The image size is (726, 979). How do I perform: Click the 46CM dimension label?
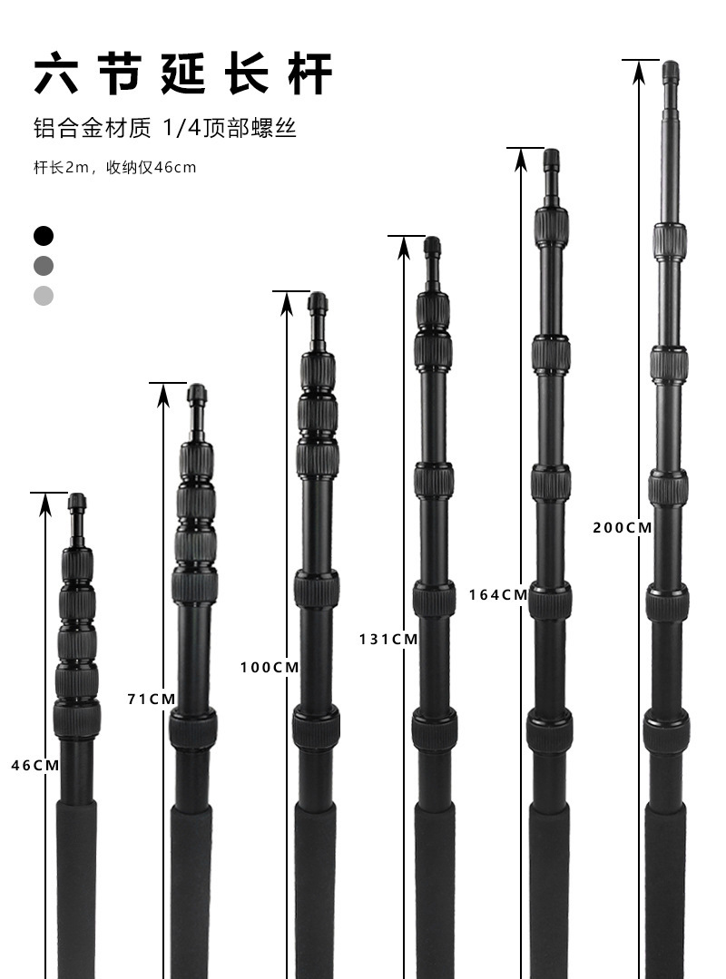pyautogui.click(x=35, y=766)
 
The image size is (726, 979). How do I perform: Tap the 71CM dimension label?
pyautogui.click(x=152, y=700)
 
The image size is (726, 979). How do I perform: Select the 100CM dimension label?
pyautogui.click(x=270, y=668)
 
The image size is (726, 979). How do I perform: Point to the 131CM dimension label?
pyautogui.click(x=388, y=640)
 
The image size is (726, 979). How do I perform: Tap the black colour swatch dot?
pyautogui.click(x=44, y=236)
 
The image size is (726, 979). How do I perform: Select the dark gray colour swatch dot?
pyautogui.click(x=44, y=266)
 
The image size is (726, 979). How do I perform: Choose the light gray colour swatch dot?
pyautogui.click(x=44, y=296)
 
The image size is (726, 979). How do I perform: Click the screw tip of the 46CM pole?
pyautogui.click(x=77, y=502)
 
